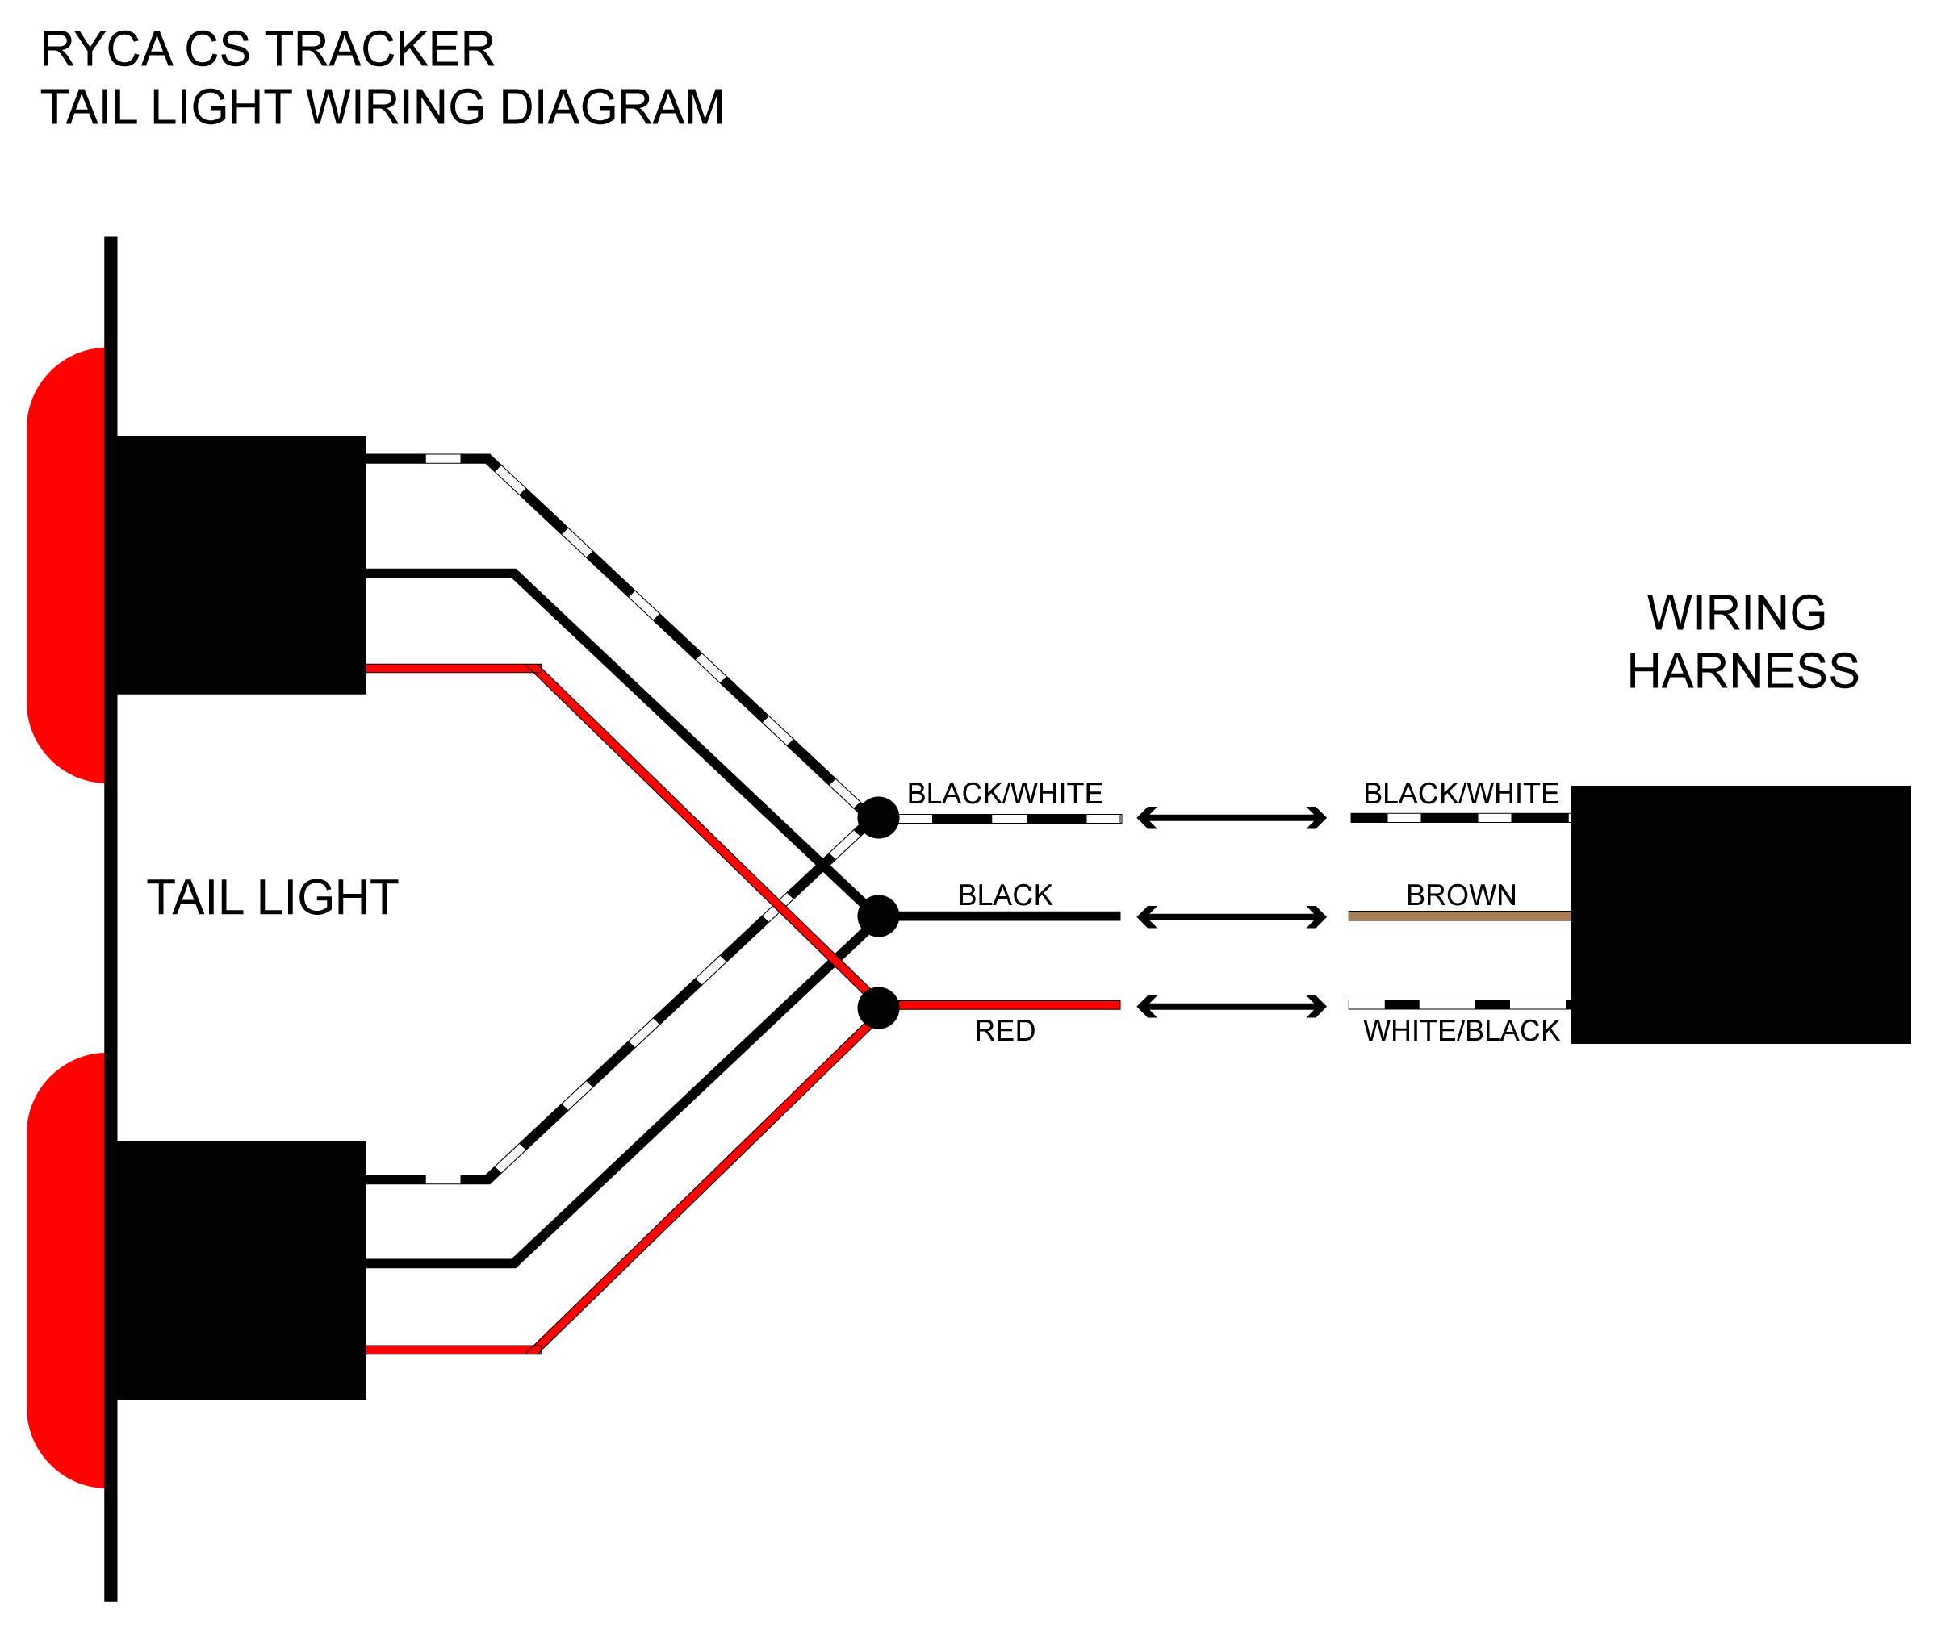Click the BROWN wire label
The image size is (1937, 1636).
tap(1460, 895)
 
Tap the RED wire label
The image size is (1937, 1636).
tap(1004, 1030)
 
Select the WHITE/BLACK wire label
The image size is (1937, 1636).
tap(1460, 1030)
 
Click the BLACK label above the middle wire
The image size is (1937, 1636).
tap(1004, 895)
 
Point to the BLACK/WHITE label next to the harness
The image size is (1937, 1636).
tap(1460, 793)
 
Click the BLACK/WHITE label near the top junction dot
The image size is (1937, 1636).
tap(1004, 793)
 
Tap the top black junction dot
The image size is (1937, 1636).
tap(877, 817)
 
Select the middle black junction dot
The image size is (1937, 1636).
tap(877, 916)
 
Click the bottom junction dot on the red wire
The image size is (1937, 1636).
tap(877, 1008)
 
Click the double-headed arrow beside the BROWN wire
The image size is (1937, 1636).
tap(1231, 916)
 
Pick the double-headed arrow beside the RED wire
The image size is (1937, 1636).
tap(1231, 1006)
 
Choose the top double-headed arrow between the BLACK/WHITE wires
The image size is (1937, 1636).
tap(1231, 817)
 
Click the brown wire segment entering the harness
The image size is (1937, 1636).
tap(1458, 916)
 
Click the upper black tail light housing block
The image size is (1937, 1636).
tap(240, 565)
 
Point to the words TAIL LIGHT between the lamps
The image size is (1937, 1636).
tap(272, 897)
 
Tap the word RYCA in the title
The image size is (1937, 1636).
tap(106, 49)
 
